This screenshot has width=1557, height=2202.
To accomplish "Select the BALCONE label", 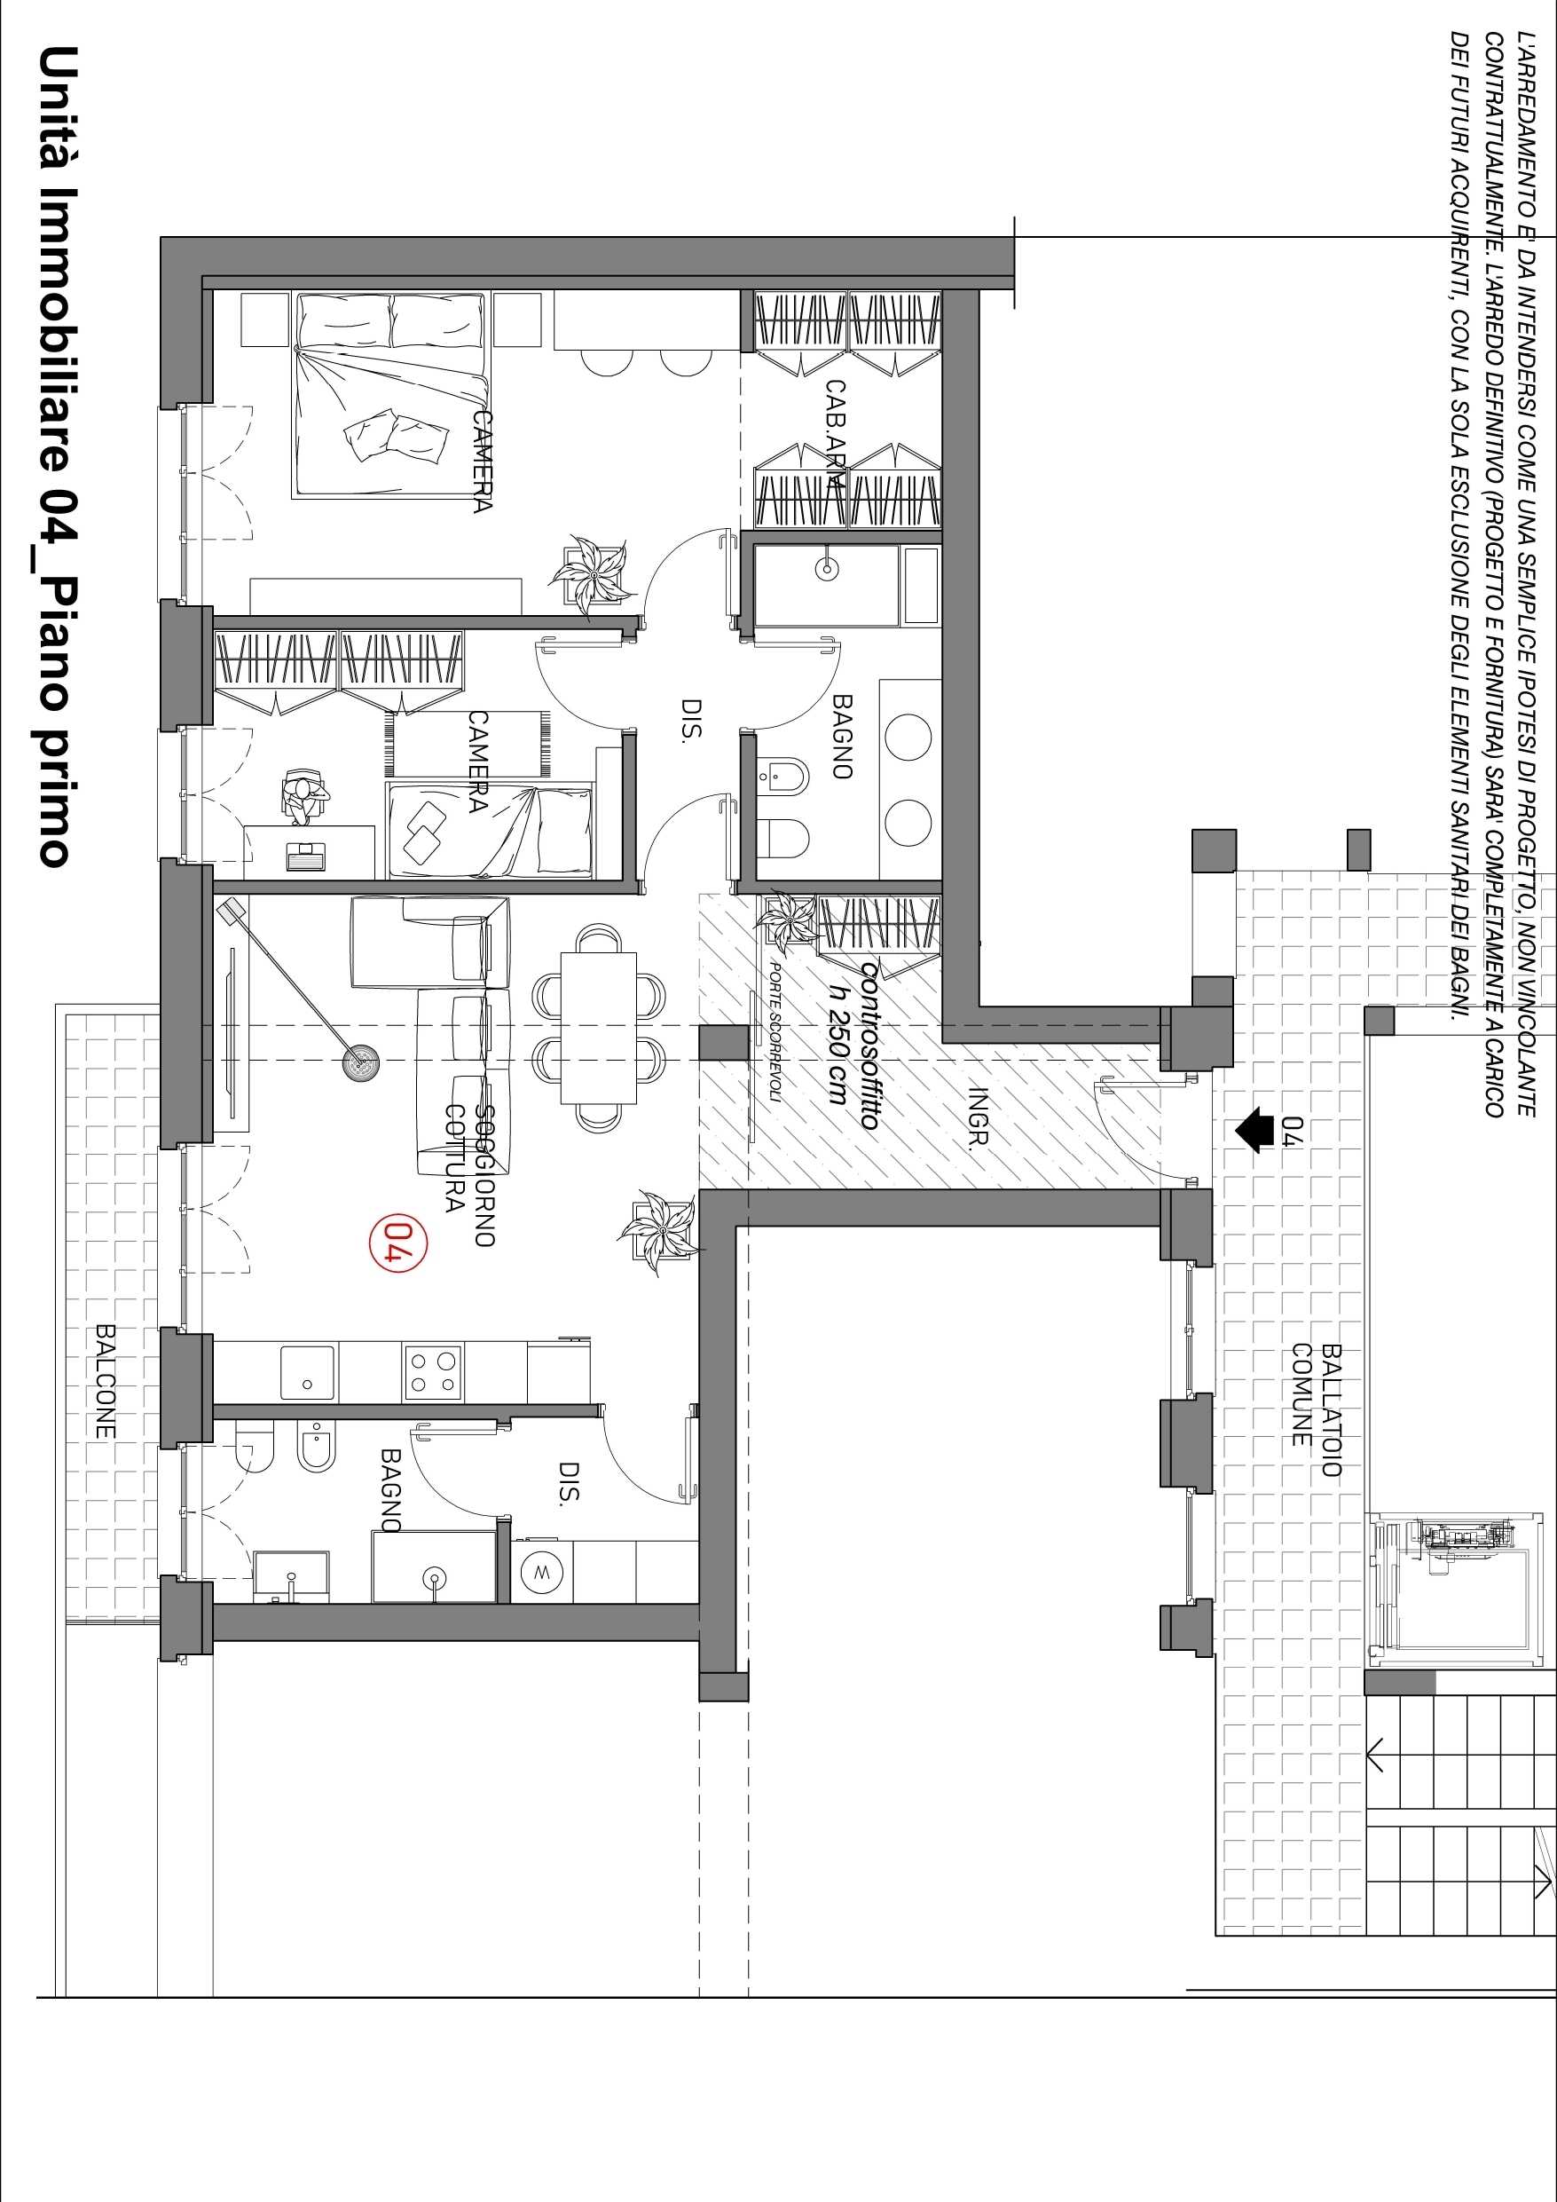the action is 106,1382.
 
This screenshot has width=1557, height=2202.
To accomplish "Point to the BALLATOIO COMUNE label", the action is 1317,1409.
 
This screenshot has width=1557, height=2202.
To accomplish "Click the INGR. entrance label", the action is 978,1117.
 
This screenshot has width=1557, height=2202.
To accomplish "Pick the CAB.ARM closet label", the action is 835,436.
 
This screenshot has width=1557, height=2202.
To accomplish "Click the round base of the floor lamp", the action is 362,1061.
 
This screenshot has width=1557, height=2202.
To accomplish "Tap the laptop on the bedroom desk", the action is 306,856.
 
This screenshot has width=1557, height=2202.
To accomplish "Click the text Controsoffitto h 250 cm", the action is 853,1046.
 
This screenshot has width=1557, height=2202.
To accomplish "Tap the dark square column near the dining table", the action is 724,1043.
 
